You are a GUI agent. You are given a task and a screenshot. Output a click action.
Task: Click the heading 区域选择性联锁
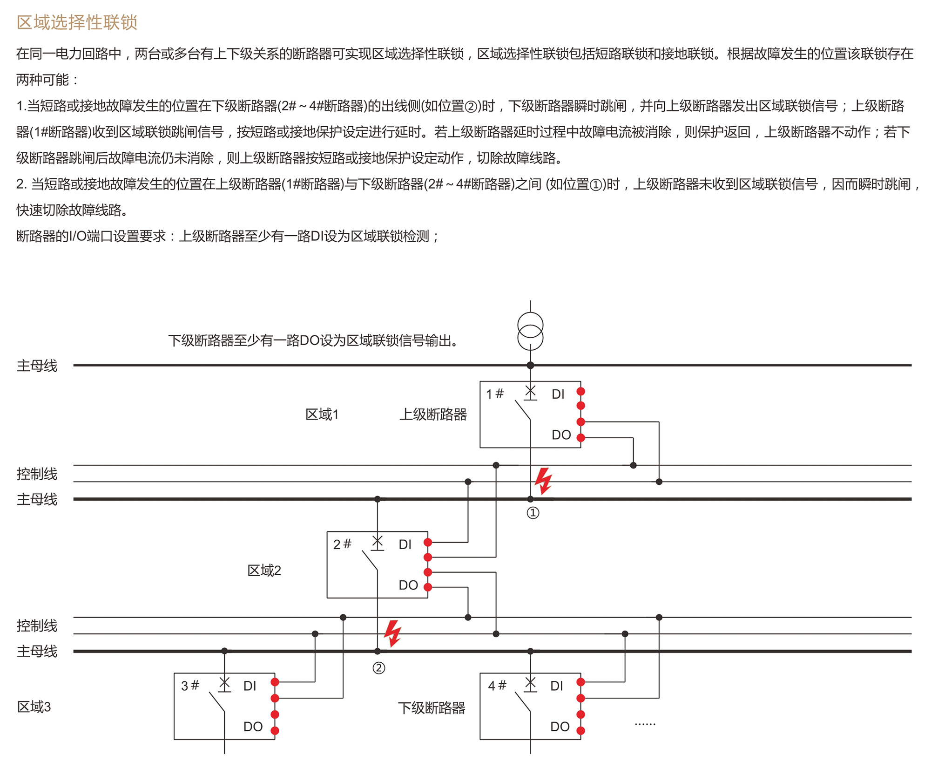click(77, 22)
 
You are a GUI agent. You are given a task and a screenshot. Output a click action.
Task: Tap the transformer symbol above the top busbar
click(530, 331)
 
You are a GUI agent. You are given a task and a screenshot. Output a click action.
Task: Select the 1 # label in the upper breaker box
click(495, 394)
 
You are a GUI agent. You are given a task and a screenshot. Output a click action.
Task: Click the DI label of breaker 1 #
click(558, 394)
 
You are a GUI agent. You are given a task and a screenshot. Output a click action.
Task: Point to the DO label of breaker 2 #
click(408, 585)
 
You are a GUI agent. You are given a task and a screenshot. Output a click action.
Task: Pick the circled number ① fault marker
click(533, 513)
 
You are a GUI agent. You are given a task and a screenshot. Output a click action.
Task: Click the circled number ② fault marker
click(379, 668)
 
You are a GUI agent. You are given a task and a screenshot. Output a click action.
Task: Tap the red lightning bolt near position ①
click(543, 481)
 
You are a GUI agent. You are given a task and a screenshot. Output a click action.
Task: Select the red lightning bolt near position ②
click(392, 633)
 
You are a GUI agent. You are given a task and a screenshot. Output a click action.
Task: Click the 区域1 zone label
click(322, 415)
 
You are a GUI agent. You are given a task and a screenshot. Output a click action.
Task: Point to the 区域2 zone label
click(264, 571)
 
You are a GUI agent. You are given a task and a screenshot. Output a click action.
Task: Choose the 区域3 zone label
click(34, 707)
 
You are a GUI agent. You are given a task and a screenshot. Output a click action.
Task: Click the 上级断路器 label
click(433, 415)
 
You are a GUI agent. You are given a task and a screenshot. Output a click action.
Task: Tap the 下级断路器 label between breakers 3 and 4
click(432, 708)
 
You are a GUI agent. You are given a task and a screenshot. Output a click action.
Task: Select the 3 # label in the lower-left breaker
click(190, 686)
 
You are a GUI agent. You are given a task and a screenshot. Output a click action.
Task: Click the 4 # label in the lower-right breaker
click(497, 686)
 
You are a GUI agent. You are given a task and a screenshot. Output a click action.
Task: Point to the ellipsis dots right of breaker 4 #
click(645, 724)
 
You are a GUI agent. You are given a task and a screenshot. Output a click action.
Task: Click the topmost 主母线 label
click(37, 366)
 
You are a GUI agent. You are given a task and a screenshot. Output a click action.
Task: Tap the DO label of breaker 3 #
click(253, 727)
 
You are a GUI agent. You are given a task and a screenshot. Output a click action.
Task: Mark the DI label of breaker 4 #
click(556, 686)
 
